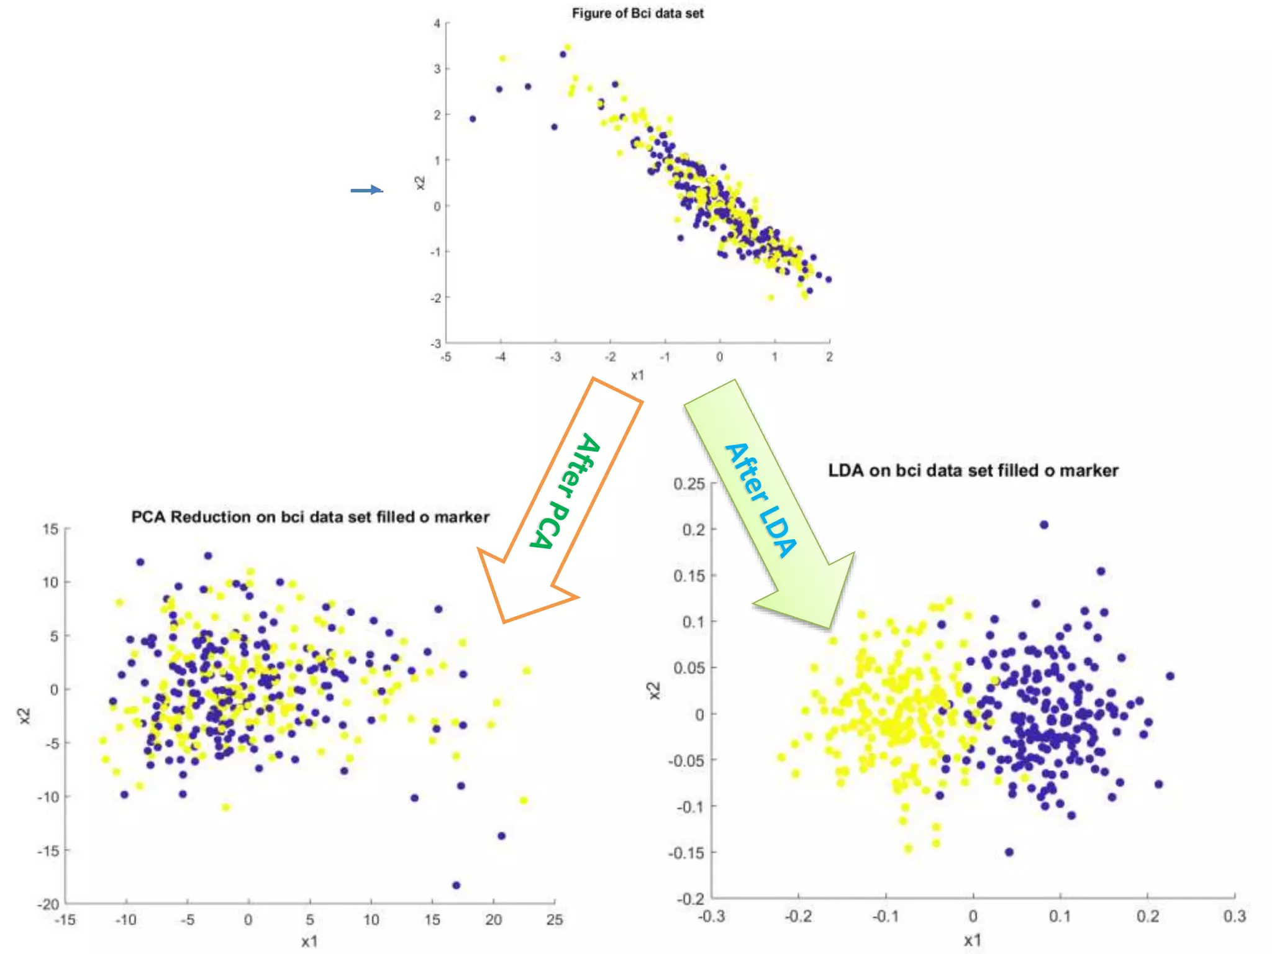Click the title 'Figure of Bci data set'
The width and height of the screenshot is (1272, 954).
tap(637, 13)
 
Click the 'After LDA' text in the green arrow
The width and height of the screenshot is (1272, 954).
tap(761, 500)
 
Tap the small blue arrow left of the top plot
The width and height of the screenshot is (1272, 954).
tap(366, 190)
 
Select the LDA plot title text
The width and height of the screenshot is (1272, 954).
tap(973, 470)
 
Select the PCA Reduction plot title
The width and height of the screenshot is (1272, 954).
tap(310, 517)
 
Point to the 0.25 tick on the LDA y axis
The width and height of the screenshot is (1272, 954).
tap(689, 483)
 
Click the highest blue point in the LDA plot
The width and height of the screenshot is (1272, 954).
tap(1044, 525)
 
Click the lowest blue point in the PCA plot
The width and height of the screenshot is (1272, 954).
tap(457, 885)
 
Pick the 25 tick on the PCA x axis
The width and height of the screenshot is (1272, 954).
tap(554, 920)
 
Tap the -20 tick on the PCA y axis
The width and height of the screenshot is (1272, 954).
tap(48, 904)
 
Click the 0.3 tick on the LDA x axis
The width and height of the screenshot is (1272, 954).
tap(1234, 916)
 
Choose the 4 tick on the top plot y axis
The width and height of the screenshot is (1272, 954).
tap(437, 24)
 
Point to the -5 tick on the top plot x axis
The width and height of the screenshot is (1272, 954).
tap(446, 357)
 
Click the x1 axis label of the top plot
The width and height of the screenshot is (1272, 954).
tap(637, 375)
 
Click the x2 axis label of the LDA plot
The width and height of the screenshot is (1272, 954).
tap(653, 691)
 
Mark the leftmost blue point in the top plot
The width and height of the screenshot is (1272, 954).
tap(473, 119)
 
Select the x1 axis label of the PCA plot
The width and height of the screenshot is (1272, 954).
tap(309, 942)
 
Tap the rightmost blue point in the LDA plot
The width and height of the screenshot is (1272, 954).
tap(1170, 676)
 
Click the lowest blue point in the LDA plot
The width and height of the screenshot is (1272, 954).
tap(1009, 852)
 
